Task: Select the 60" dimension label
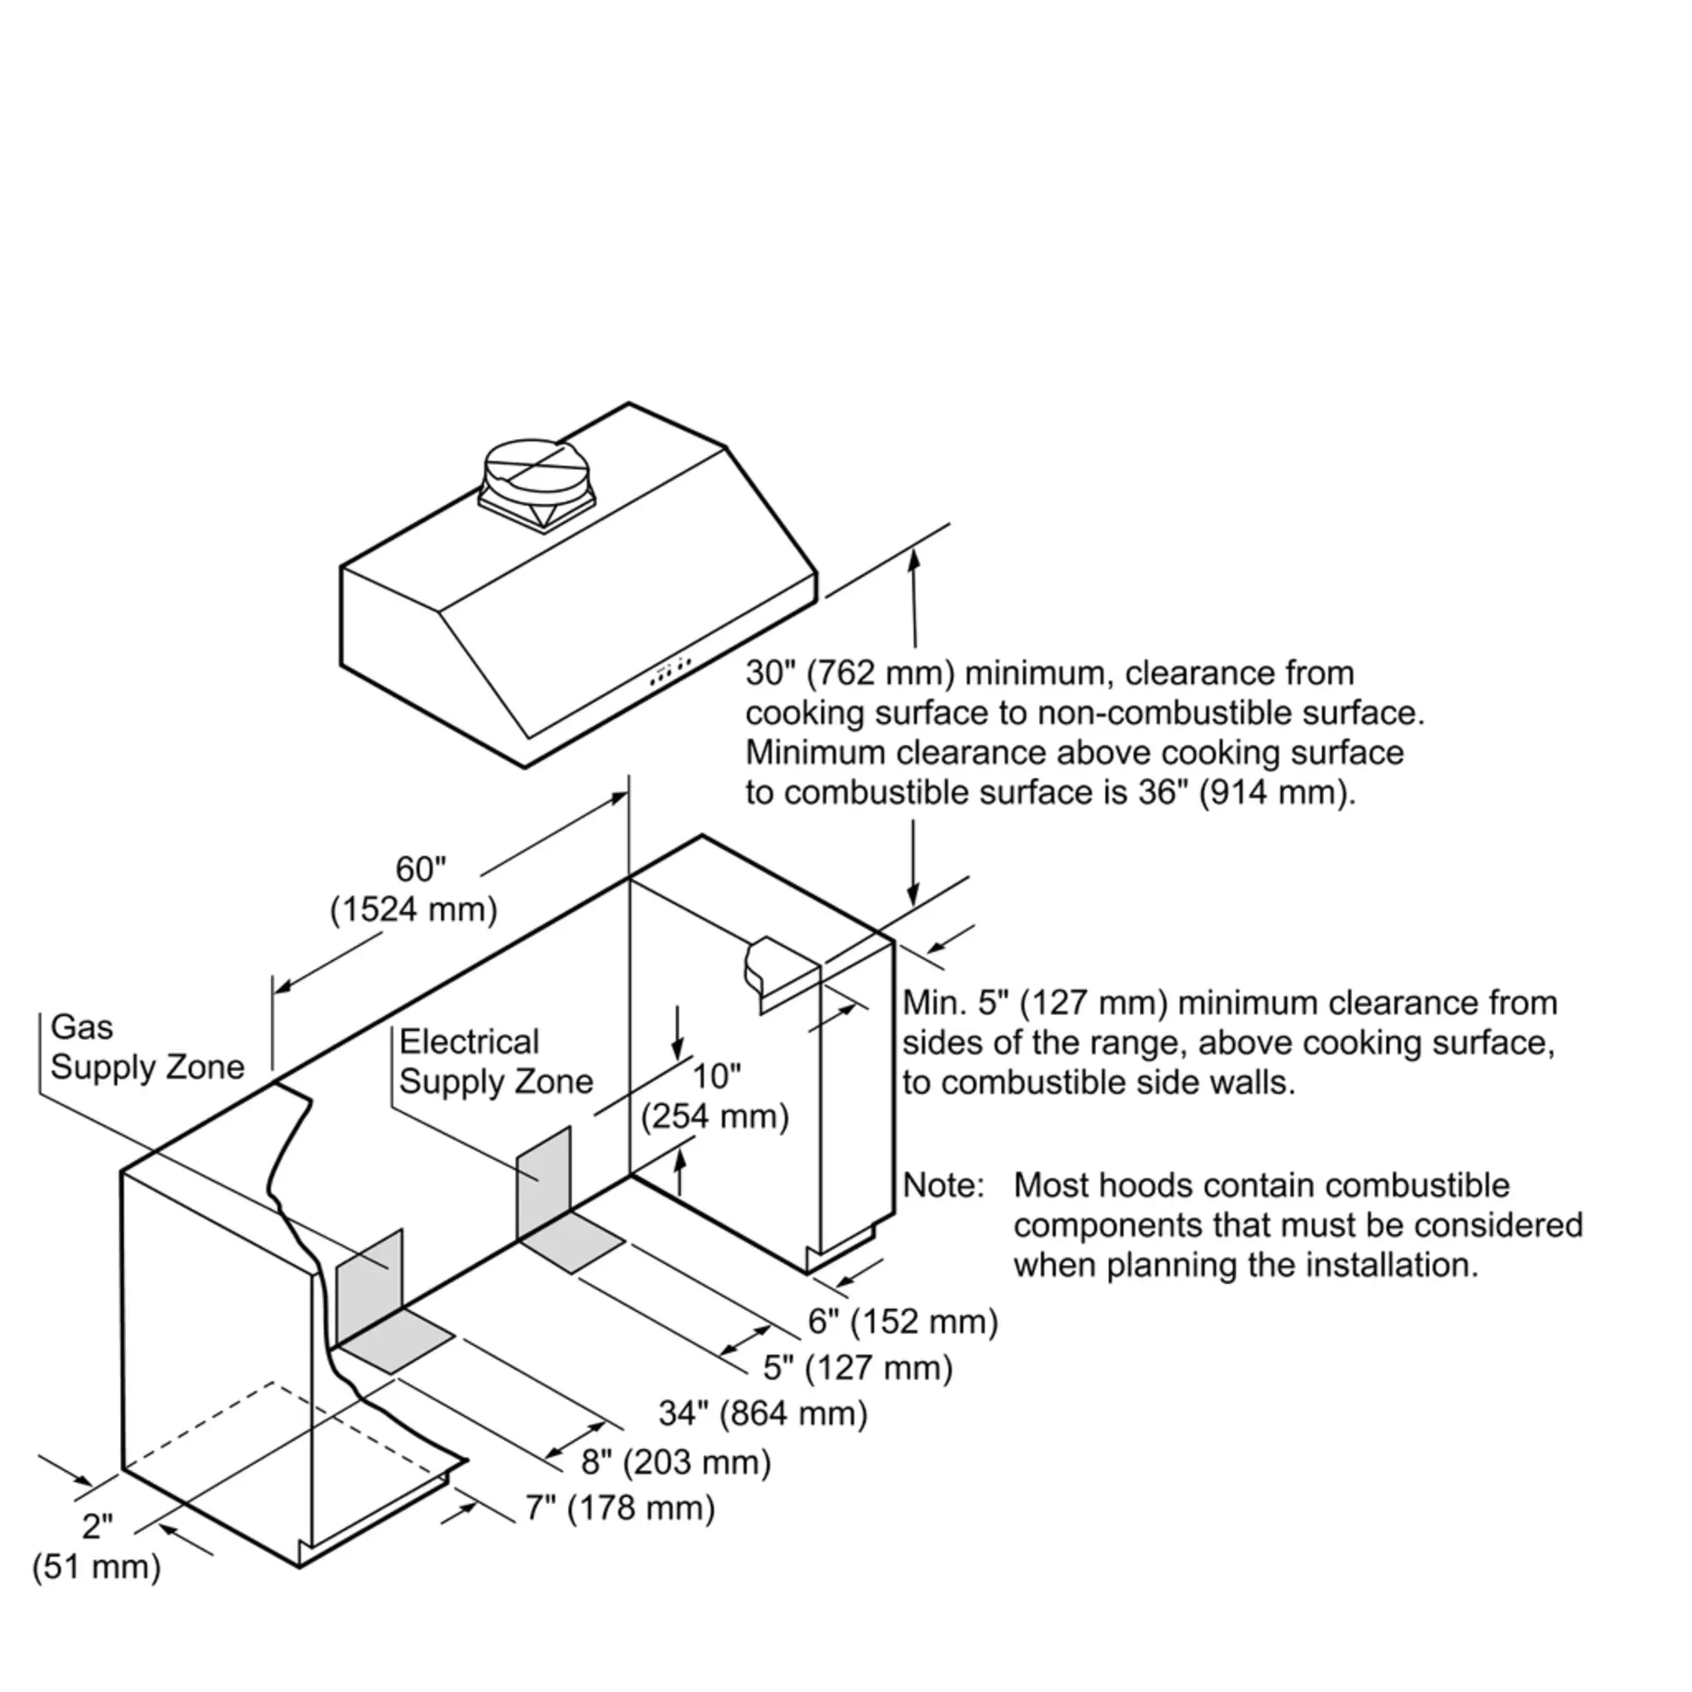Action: click(x=420, y=869)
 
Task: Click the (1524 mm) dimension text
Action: click(x=414, y=910)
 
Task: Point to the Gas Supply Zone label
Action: click(x=147, y=1047)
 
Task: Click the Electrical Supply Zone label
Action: click(x=496, y=1062)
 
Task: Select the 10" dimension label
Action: click(x=717, y=1076)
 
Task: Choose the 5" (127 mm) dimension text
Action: click(x=857, y=1367)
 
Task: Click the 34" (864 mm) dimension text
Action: click(x=763, y=1413)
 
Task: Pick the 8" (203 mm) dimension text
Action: click(x=676, y=1462)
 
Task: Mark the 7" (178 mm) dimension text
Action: click(x=620, y=1508)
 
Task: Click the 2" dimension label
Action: click(x=97, y=1526)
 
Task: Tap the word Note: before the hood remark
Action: click(x=943, y=1185)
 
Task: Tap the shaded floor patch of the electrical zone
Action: click(x=572, y=1242)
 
